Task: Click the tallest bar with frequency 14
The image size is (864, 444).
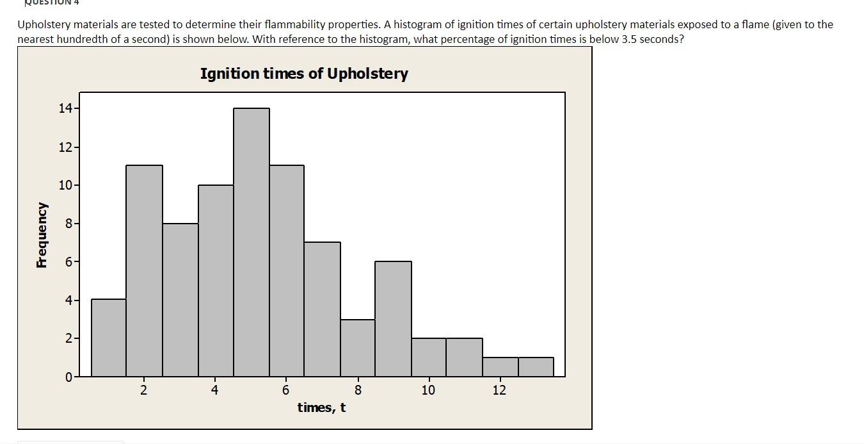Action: (x=252, y=242)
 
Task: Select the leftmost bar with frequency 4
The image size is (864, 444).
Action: (x=109, y=338)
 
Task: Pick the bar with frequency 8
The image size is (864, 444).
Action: (x=180, y=300)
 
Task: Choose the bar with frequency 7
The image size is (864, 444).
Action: (x=322, y=309)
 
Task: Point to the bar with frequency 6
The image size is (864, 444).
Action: (x=393, y=318)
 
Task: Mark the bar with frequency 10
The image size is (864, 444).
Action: (x=216, y=281)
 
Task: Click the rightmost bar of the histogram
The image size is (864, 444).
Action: (x=536, y=366)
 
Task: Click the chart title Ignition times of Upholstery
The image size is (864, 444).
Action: (x=304, y=74)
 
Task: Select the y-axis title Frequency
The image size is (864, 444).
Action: (x=42, y=235)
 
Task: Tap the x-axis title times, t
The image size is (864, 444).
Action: (x=321, y=407)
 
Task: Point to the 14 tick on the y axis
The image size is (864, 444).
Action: (x=65, y=108)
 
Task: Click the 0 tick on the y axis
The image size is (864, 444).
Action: (x=68, y=377)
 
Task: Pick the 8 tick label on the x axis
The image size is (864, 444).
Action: (x=358, y=390)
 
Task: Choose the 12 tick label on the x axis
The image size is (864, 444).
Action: (x=499, y=390)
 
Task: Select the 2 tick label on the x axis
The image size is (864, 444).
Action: (x=143, y=390)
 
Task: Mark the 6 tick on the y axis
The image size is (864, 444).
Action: (x=68, y=262)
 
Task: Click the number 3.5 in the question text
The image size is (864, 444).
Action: (x=630, y=39)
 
